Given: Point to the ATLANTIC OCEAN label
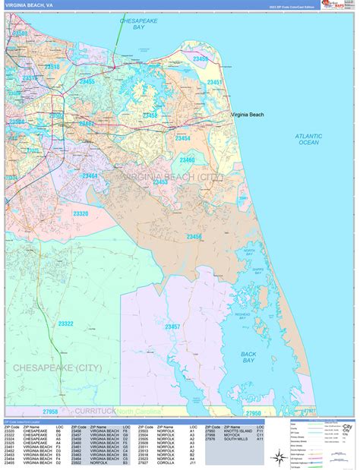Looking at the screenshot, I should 309,139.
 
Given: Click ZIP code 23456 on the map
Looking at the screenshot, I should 194,237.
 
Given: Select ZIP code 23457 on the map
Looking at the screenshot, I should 173,326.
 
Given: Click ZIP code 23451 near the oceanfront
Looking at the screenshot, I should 215,82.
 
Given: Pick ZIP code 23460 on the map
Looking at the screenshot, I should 187,160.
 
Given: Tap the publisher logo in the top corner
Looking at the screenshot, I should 330,5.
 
